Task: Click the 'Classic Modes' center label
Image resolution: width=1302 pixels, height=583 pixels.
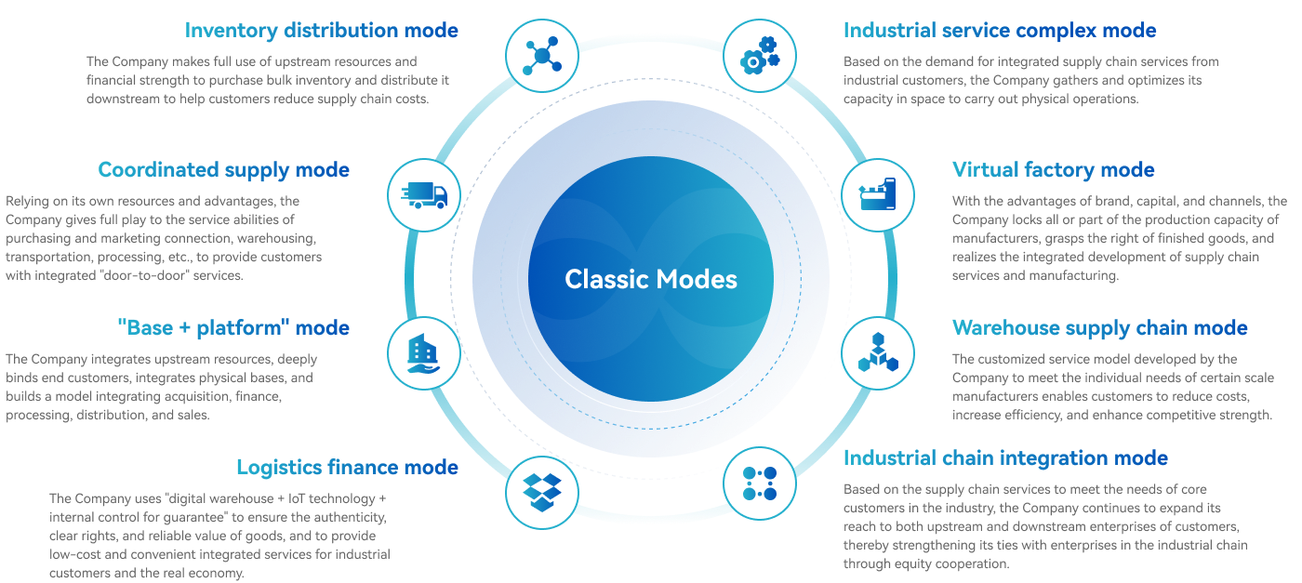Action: [x=651, y=279]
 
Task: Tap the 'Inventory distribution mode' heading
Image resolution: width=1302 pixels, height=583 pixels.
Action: [x=322, y=31]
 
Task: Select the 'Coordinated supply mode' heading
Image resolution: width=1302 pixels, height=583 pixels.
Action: [x=223, y=170]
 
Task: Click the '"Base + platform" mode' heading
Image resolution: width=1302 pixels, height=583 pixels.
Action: [x=233, y=328]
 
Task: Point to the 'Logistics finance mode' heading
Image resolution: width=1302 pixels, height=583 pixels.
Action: [x=347, y=467]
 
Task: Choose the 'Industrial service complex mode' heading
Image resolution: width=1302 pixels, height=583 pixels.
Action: [x=1000, y=31]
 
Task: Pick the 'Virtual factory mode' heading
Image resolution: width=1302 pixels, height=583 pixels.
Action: [x=1053, y=170]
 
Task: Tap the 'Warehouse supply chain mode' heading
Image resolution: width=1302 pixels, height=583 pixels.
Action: [x=1099, y=328]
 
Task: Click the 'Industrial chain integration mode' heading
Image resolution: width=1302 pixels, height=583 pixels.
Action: [x=1005, y=458]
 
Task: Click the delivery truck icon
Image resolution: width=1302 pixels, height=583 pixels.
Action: [x=424, y=195]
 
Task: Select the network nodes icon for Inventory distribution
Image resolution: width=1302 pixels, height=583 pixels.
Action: [x=541, y=56]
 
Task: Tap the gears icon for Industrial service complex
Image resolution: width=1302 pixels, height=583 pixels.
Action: [x=759, y=56]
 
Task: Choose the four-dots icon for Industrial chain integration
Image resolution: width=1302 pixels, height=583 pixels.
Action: [x=759, y=484]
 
